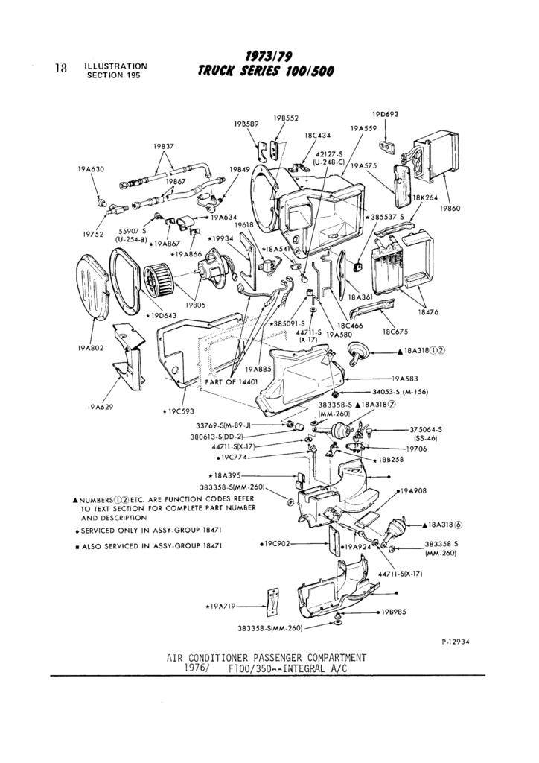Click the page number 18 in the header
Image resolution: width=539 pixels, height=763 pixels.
[61, 68]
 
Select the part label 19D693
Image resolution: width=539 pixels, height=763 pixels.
[385, 114]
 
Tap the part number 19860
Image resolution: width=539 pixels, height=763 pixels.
[450, 209]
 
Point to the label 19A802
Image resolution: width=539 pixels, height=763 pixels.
[90, 347]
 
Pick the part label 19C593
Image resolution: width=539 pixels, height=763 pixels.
[178, 410]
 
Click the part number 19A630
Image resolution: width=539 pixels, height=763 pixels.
[91, 169]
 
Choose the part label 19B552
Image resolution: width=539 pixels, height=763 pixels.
[285, 118]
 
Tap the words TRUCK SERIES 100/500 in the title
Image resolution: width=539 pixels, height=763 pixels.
[266, 72]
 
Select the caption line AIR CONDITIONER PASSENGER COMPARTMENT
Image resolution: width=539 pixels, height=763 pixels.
[267, 657]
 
